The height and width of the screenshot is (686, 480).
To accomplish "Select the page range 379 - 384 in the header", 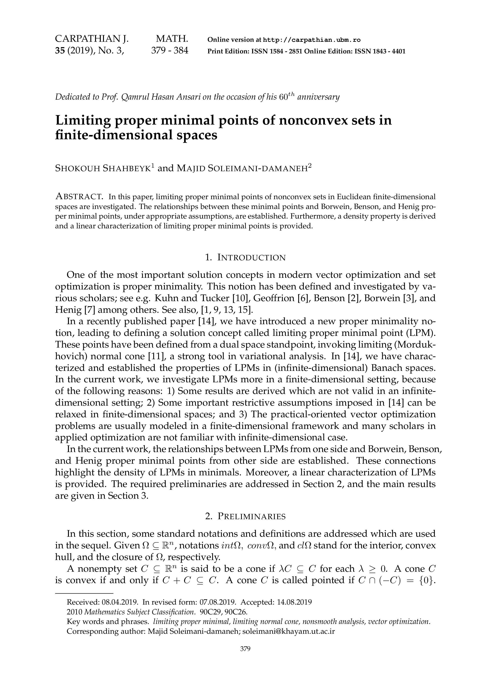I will click(170, 50).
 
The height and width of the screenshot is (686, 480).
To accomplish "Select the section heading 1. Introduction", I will click(245, 258).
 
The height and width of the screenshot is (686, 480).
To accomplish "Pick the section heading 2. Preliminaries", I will click(245, 516).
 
